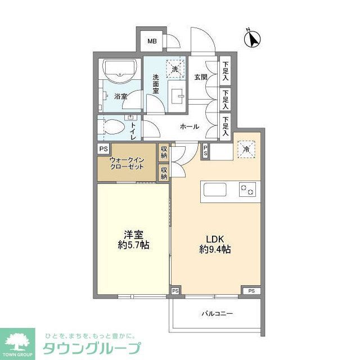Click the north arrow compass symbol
[253, 40]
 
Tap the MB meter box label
[152, 41]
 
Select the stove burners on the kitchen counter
[247, 190]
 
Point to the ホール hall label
[189, 127]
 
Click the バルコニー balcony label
[217, 313]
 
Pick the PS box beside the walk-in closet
[103, 149]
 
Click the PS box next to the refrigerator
[206, 150]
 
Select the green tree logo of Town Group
[19, 340]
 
